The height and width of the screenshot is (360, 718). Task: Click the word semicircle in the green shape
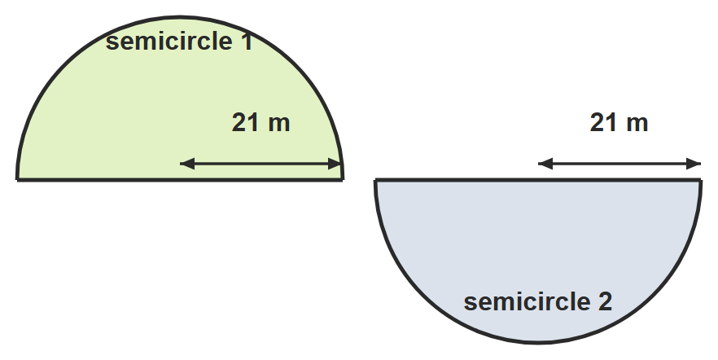(x=169, y=42)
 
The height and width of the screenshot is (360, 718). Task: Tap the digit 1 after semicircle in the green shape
(x=247, y=42)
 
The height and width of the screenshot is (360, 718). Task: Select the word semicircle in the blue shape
(x=527, y=302)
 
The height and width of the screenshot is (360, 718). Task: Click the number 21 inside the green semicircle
(x=246, y=123)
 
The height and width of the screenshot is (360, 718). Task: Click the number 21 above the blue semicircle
(x=603, y=123)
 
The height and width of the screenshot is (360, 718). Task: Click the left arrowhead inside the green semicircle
(x=187, y=164)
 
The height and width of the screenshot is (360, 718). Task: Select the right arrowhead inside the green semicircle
(x=335, y=164)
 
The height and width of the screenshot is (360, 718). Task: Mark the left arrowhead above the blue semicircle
(x=545, y=164)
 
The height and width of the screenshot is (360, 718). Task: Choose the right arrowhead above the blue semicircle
(x=694, y=164)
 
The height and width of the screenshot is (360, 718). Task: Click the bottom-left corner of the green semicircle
(x=17, y=179)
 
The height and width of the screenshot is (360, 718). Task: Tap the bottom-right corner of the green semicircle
(x=343, y=179)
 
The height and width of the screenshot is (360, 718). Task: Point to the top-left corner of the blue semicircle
(x=375, y=179)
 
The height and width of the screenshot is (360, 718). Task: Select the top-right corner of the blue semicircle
(x=701, y=179)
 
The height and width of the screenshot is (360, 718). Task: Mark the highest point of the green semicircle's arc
(x=180, y=17)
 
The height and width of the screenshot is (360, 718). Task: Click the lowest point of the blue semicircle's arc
(x=538, y=342)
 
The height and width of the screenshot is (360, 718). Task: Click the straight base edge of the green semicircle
(x=180, y=179)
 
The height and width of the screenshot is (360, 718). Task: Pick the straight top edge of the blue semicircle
(x=538, y=179)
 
